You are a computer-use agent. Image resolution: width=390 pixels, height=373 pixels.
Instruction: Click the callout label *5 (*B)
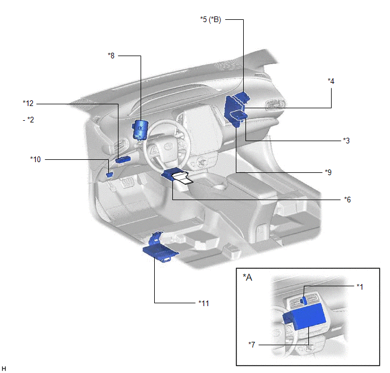point(210,19)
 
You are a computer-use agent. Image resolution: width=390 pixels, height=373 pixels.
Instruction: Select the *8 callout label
point(111,56)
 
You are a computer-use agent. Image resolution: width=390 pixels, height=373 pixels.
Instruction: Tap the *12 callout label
point(28,103)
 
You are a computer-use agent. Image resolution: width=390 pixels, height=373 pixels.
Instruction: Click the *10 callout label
point(36,159)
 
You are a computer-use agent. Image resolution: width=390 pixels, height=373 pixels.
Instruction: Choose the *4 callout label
point(331,81)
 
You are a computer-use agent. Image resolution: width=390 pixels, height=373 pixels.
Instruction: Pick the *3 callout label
point(346,141)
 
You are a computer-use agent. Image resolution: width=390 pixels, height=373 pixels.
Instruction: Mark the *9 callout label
point(328,172)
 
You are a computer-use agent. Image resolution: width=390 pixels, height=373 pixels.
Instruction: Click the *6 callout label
point(347,200)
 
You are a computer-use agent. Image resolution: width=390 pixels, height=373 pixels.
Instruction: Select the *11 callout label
point(204,303)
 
